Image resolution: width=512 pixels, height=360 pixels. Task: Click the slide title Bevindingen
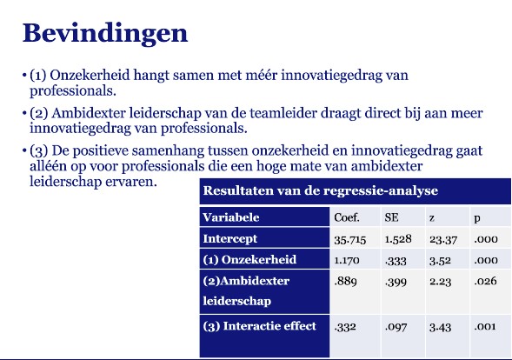(x=105, y=34)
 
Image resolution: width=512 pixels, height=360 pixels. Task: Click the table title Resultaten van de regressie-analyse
(x=321, y=190)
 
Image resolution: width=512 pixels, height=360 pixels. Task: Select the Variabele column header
(x=231, y=217)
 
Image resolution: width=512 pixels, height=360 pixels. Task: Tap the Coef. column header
(x=347, y=217)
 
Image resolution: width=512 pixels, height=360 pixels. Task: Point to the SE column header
(x=391, y=217)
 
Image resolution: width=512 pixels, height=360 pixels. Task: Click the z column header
(x=432, y=218)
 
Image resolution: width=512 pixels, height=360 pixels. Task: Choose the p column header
(x=477, y=218)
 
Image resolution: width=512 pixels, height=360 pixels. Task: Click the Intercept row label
(x=229, y=239)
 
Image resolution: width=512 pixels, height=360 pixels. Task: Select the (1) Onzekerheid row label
(x=249, y=260)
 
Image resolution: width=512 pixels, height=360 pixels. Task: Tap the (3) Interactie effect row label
(x=259, y=326)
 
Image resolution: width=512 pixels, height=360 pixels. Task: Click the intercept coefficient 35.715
(x=349, y=240)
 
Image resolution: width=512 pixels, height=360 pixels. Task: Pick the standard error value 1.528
(x=398, y=239)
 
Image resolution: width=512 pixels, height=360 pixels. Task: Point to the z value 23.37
(x=443, y=240)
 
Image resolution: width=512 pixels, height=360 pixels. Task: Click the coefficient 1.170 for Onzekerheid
(x=347, y=260)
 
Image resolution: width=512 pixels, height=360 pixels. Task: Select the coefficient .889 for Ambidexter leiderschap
(x=345, y=281)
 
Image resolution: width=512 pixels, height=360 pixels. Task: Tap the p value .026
(x=486, y=281)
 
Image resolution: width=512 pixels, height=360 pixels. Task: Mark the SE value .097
(x=396, y=327)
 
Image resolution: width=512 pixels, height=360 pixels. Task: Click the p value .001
(x=485, y=326)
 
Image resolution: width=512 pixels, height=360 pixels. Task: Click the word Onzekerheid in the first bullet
(x=90, y=75)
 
